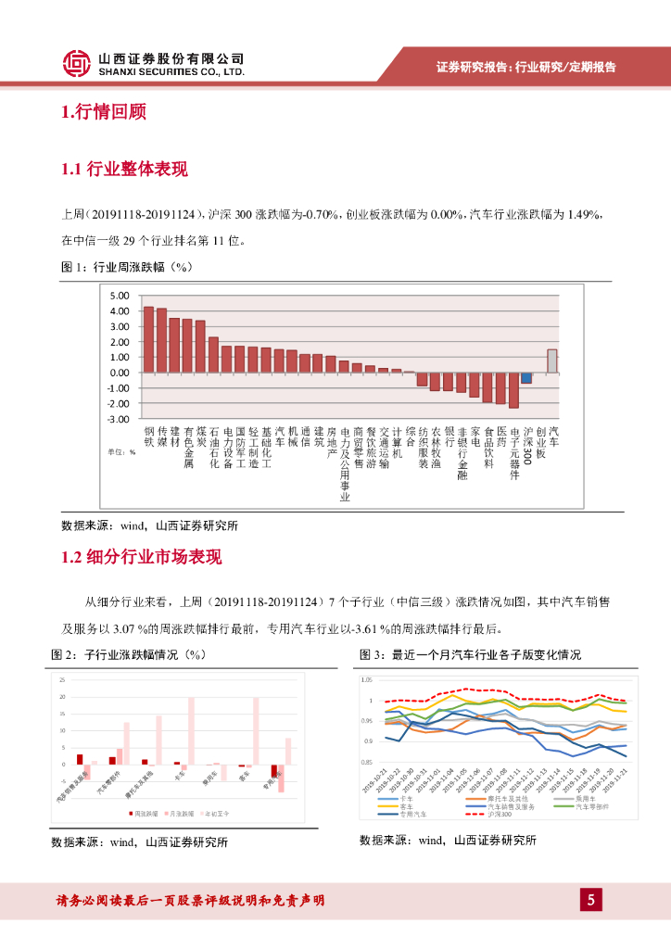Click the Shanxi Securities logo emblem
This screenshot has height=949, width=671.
click(x=77, y=63)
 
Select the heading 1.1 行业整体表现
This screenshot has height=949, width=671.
click(x=124, y=170)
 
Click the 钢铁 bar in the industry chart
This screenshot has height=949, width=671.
click(x=148, y=339)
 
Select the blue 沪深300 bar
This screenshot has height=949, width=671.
click(x=526, y=378)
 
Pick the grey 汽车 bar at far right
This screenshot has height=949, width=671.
click(x=552, y=361)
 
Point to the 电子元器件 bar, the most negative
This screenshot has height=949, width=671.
click(x=513, y=390)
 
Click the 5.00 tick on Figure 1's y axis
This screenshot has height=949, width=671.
click(x=120, y=296)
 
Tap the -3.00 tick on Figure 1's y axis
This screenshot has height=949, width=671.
click(x=119, y=419)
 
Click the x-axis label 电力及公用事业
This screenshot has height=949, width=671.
click(x=345, y=463)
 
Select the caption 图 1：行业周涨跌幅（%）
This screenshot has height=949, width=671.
click(x=125, y=267)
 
